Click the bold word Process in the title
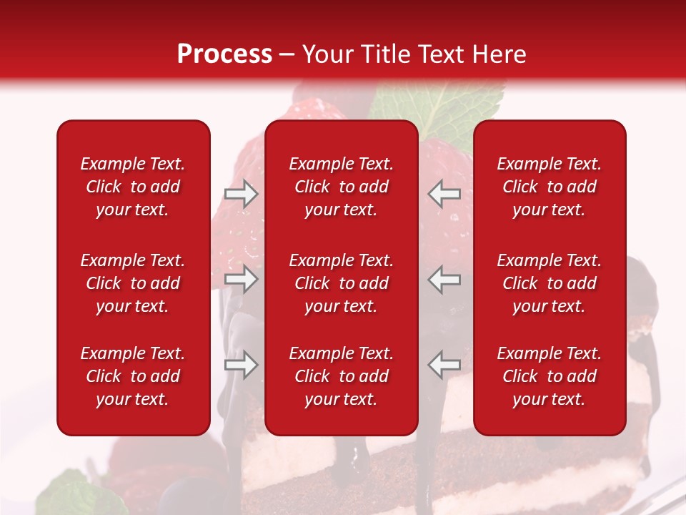tap(224, 54)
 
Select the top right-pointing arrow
tap(241, 194)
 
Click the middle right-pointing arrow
tap(241, 279)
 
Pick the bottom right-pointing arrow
tap(241, 365)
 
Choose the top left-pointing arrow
tap(444, 194)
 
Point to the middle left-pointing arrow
tap(444, 279)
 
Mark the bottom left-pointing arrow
tap(444, 365)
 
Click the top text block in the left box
tap(133, 187)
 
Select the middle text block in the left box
tap(133, 283)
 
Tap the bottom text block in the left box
tap(133, 376)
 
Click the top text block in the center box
tap(341, 187)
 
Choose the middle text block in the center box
tap(341, 283)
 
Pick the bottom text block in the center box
tap(341, 376)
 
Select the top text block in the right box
tap(549, 187)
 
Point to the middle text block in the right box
tap(549, 283)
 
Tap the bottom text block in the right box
tap(549, 376)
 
